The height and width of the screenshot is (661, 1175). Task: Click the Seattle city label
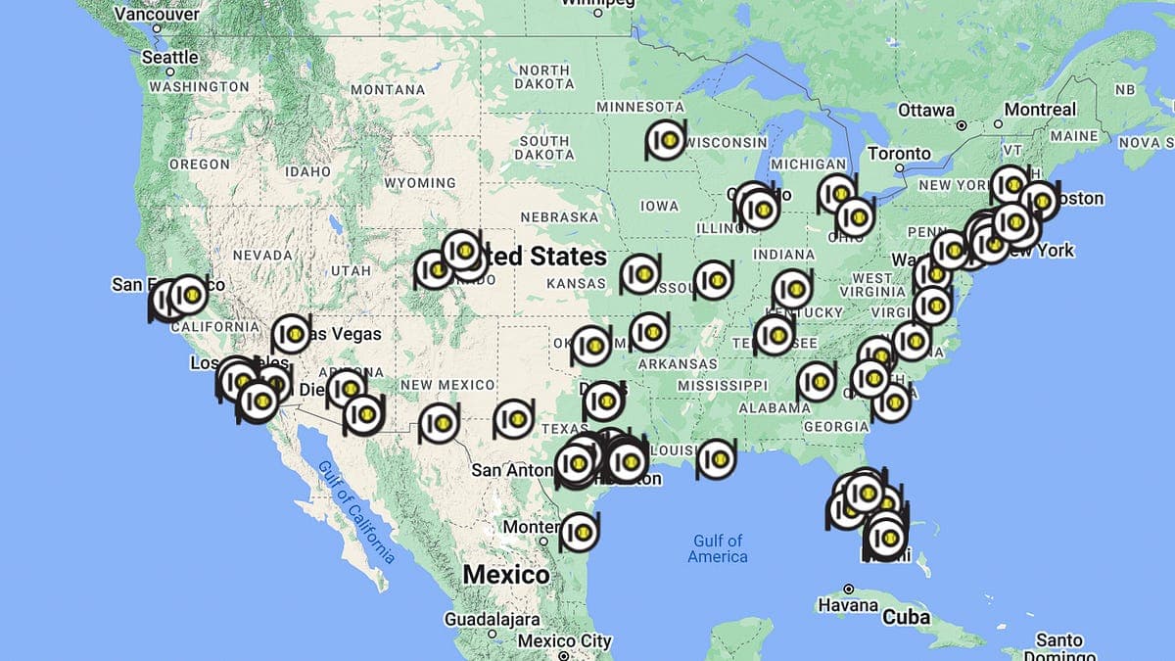170,58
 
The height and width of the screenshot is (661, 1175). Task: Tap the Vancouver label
157,15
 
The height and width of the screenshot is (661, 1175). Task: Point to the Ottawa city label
925,110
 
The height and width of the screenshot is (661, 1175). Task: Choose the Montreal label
1039,110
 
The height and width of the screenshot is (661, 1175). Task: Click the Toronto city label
899,154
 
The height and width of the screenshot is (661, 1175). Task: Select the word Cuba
906,618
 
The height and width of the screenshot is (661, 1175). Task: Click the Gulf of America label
718,548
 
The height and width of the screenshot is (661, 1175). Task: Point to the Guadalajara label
492,620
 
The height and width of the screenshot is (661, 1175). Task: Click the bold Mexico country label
506,575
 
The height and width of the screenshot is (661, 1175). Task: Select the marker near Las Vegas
291,334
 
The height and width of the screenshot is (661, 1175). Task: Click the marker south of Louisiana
716,458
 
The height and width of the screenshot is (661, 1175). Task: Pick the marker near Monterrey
580,532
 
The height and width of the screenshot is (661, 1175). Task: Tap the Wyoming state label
419,183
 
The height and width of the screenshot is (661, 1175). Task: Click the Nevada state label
263,255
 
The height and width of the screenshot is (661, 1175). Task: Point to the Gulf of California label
355,510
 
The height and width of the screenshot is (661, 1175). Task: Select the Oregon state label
199,165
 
